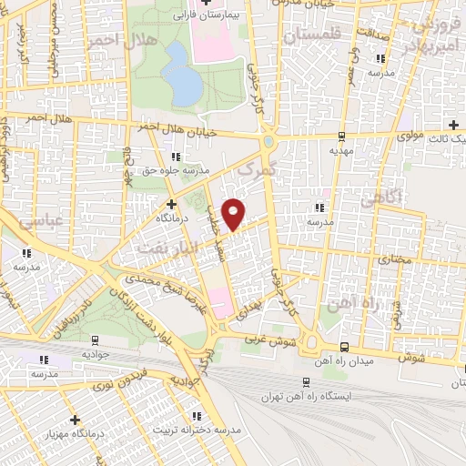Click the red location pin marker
coord(235,213)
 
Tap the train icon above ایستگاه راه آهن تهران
coord(302,383)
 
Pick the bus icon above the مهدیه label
coord(341,137)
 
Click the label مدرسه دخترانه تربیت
coord(198,430)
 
